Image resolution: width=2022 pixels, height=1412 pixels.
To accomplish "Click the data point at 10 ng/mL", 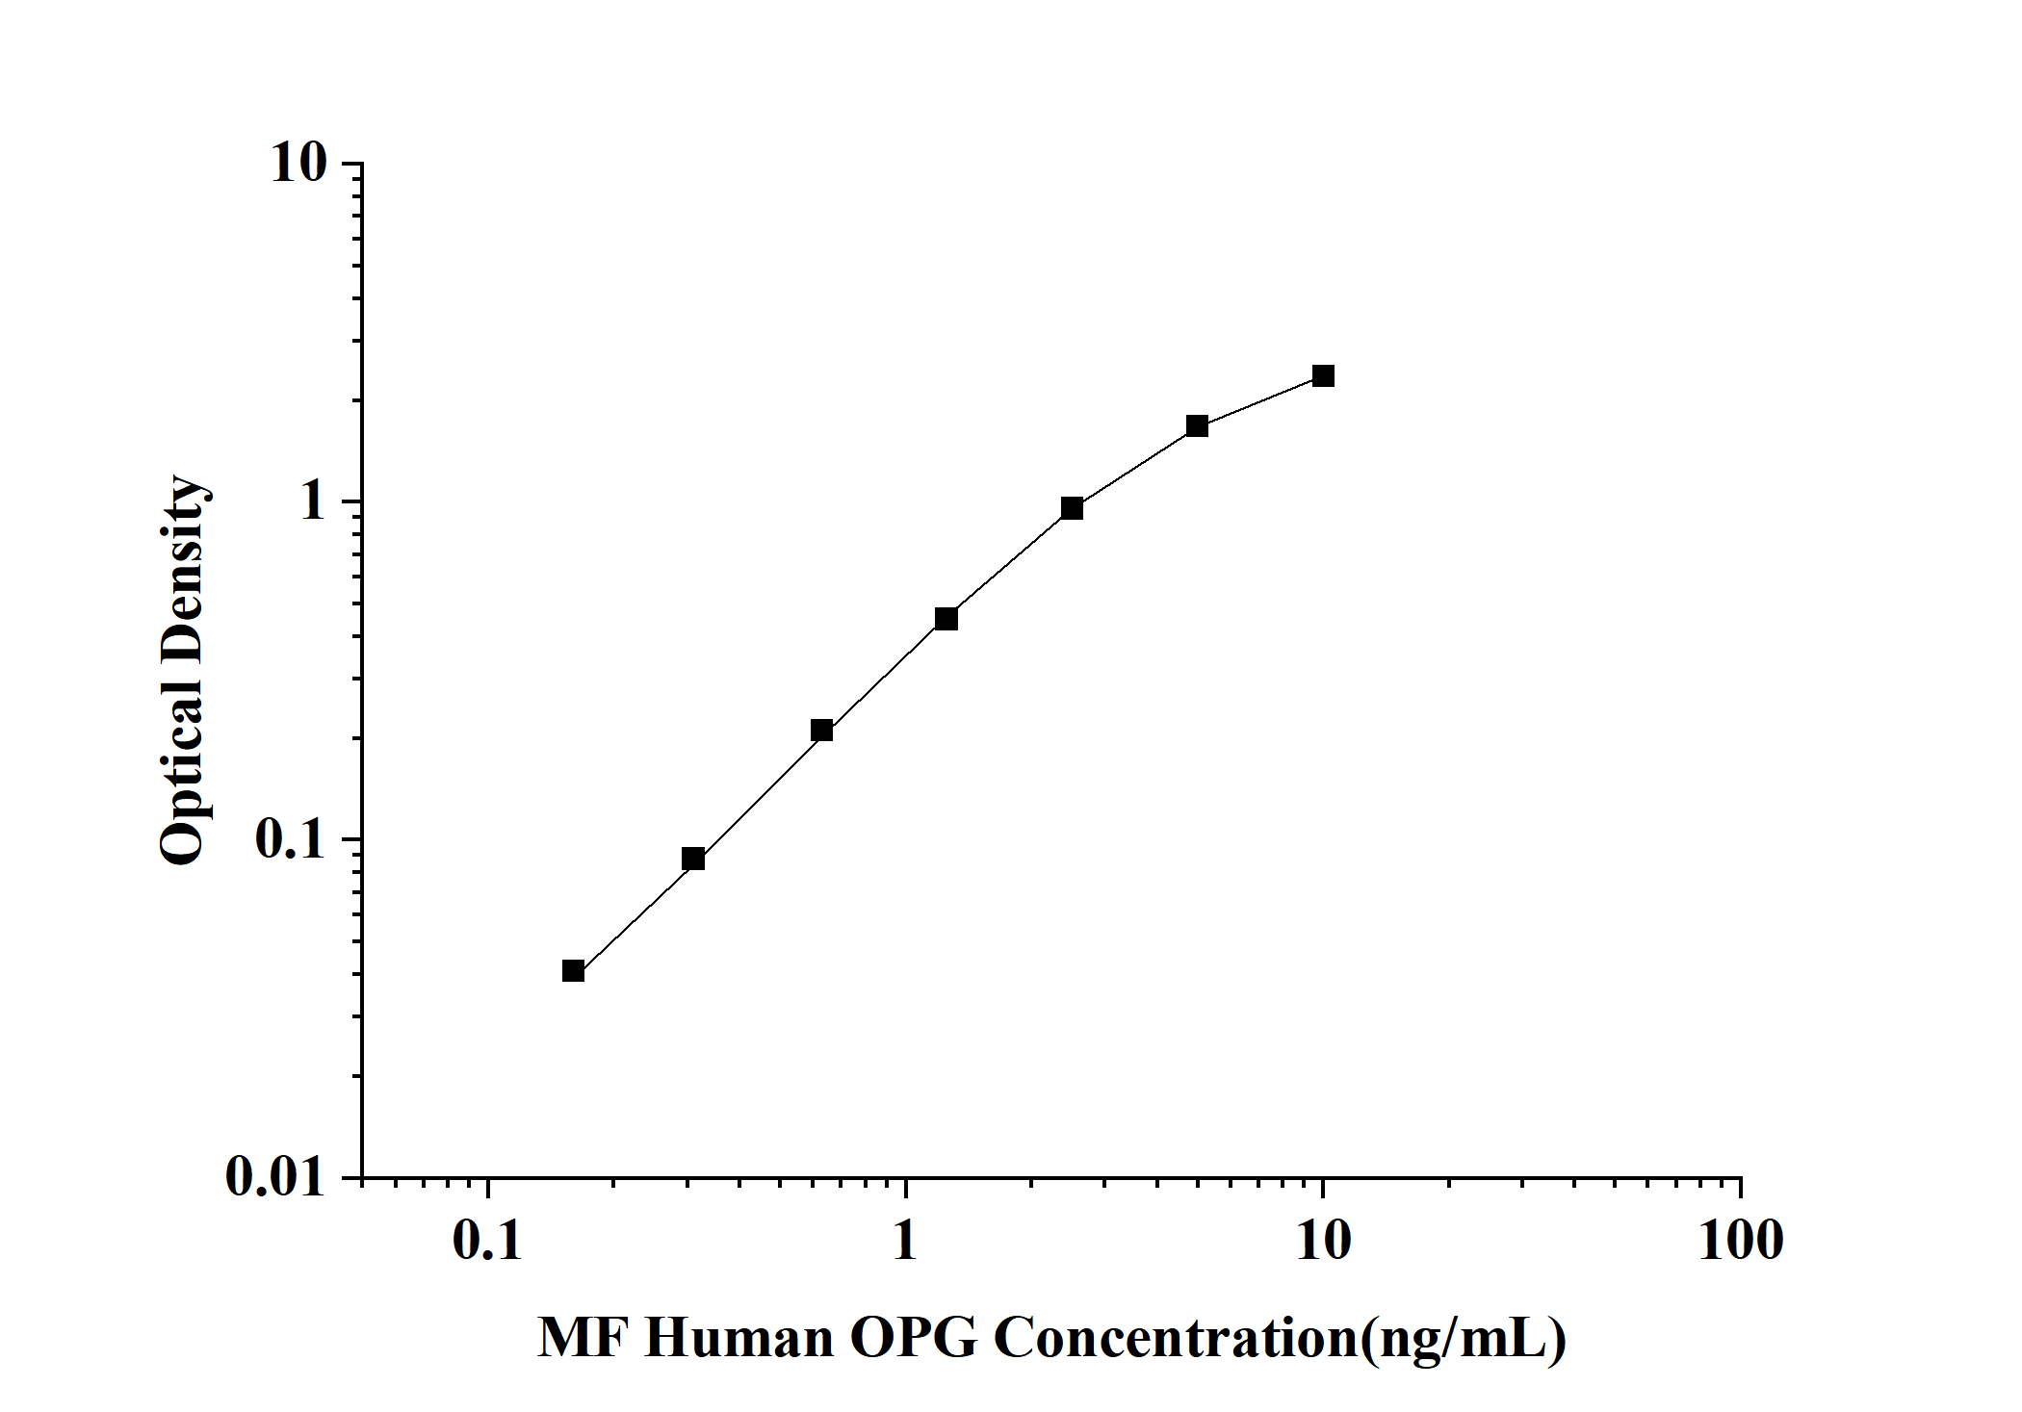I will coord(1323,375).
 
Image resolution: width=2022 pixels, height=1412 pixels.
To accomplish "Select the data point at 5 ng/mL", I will coord(1197,425).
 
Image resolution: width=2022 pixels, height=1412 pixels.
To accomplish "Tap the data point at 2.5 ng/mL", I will coord(1072,508).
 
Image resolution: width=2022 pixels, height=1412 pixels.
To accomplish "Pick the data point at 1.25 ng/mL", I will coord(946,619).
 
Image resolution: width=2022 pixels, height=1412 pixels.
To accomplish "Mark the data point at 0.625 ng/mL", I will coord(821,730).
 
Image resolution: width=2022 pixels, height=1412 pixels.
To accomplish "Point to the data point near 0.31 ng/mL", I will coord(693,859).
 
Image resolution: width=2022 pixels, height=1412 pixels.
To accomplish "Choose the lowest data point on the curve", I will coord(573,970).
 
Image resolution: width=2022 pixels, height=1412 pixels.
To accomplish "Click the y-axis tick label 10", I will coord(299,164).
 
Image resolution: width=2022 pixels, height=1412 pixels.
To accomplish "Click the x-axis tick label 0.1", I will coord(487,1241).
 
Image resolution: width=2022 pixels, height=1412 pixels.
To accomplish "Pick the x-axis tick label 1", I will coord(904,1241).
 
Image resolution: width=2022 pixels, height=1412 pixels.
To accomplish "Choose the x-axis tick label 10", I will coord(1323,1241).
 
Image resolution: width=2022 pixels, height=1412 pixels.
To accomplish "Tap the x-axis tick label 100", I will coord(1741,1241).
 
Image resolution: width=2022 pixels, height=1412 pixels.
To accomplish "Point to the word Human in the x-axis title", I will coord(739,1338).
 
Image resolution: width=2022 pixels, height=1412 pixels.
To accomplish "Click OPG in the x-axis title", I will coord(914,1338).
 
